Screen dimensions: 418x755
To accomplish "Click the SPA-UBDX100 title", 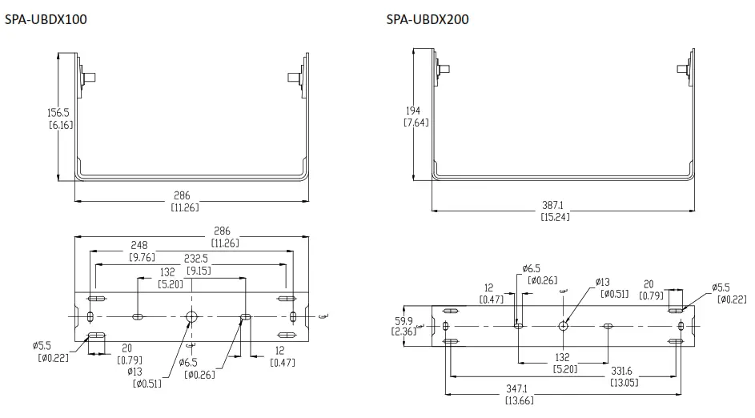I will pos(46,19).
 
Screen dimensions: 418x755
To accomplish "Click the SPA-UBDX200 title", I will pos(428,19).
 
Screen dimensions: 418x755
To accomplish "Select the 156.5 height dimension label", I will pos(59,113).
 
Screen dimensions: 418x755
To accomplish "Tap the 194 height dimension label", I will pos(413,111).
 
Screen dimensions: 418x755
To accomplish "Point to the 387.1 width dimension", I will pos(556,205).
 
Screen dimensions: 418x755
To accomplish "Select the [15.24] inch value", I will pos(556,216).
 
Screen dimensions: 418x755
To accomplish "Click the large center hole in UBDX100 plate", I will pos(191,317).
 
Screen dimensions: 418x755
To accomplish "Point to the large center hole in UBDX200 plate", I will pos(564,326).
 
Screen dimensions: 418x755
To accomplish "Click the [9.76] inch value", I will pos(143,257).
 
